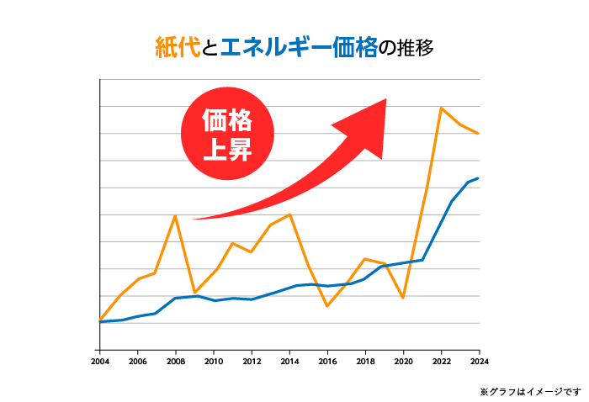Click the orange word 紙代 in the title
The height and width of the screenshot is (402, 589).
tap(178, 47)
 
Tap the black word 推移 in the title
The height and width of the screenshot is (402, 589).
tap(415, 47)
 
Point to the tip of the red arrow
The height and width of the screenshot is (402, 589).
tap(385, 101)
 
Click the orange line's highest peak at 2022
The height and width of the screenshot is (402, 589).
tap(441, 108)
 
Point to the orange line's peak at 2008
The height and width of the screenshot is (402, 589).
tap(175, 216)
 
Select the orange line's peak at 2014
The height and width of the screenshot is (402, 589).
tap(289, 214)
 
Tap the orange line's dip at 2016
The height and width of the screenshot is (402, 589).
tap(327, 306)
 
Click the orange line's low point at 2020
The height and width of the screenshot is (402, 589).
tap(403, 298)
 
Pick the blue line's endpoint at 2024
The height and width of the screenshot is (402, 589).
tap(479, 178)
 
